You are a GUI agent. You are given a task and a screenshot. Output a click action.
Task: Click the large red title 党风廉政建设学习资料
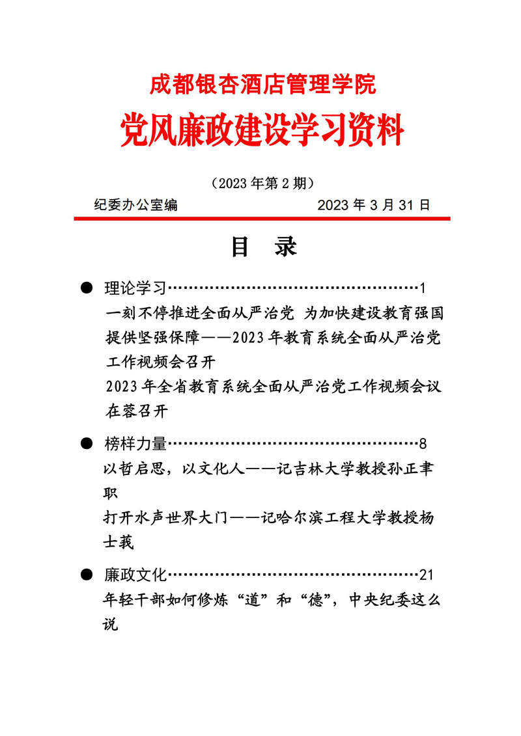tap(262, 129)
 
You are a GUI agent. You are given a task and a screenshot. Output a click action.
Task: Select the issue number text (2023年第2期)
tap(263, 183)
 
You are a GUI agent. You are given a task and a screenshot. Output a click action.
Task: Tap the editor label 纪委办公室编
tap(135, 205)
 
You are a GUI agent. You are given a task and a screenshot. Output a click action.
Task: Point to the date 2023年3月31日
tap(374, 205)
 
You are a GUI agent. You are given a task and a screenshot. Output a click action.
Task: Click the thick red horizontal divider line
tap(262, 219)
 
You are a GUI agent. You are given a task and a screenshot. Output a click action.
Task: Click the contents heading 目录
tap(264, 247)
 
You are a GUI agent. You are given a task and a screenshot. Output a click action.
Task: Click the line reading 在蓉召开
tap(136, 411)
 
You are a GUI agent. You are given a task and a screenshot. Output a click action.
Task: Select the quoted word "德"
tap(317, 600)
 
